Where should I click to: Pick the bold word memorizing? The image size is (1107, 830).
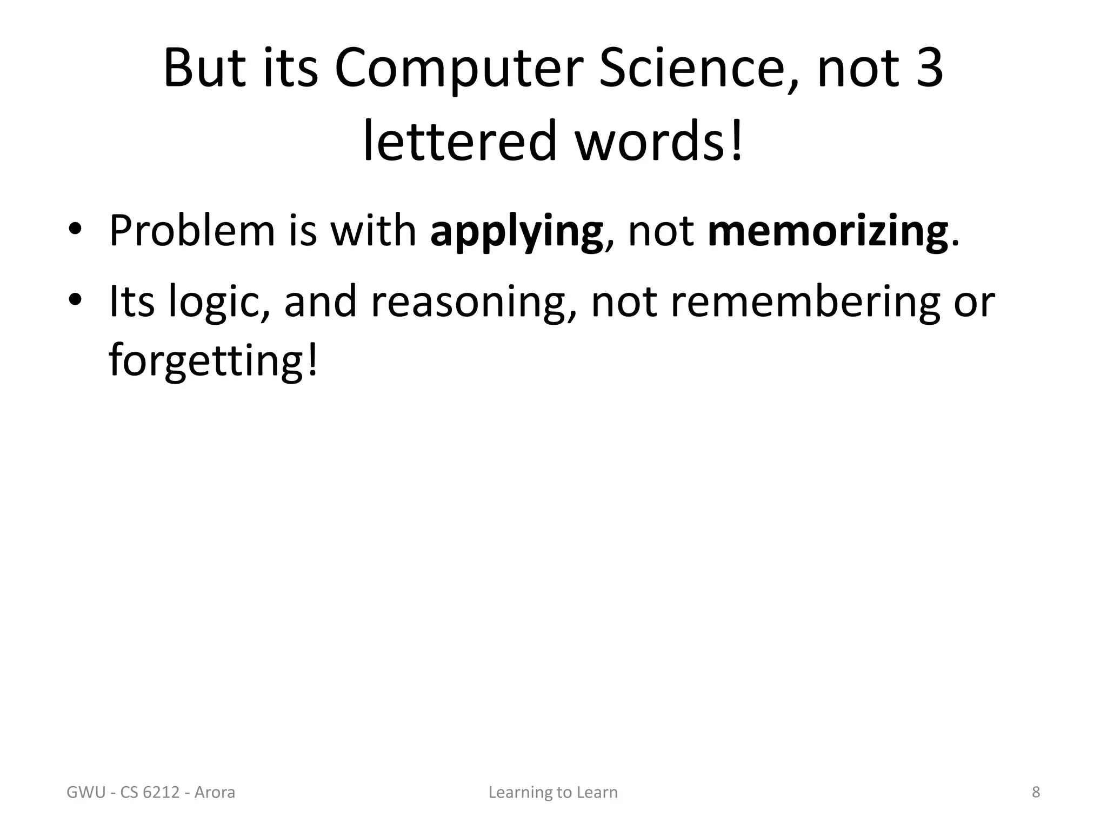828,231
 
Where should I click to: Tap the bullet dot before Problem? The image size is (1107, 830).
75,229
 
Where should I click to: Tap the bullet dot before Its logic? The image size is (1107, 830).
75,299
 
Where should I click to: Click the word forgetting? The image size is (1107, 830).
214,361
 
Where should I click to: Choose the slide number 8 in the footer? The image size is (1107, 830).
1036,792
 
